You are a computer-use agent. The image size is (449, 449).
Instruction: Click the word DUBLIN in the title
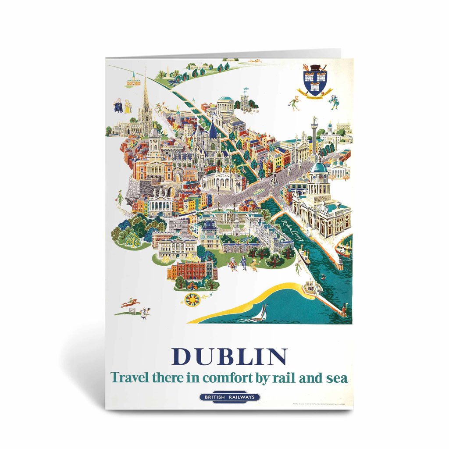click(229, 357)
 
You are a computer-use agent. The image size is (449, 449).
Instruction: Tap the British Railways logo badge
click(230, 397)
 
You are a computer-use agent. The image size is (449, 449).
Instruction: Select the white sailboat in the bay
click(262, 313)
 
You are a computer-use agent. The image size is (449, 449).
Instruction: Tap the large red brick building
click(191, 271)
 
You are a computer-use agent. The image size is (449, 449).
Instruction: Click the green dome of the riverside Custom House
click(319, 167)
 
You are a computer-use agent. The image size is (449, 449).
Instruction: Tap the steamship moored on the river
click(344, 248)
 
